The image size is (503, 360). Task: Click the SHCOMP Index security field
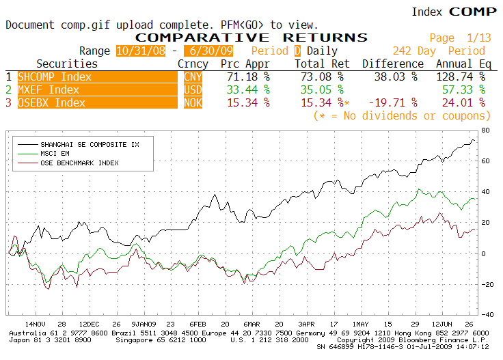pos(98,77)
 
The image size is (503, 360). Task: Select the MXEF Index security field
pos(98,89)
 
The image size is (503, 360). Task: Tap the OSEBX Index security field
pos(98,102)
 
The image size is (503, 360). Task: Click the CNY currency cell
pos(193,77)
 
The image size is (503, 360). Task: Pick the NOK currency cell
pos(193,102)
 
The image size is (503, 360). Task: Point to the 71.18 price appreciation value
pos(248,77)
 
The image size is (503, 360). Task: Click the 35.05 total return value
pos(322,89)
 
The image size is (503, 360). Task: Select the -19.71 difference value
pos(393,102)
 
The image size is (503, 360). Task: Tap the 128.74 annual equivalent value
pos(461,77)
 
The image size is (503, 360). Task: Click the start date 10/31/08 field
pos(141,51)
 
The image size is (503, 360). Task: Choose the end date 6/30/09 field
pos(208,51)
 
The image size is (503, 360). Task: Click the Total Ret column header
pos(322,64)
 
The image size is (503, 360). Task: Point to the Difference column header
pos(393,64)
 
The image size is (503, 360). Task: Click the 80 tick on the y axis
pos(485,130)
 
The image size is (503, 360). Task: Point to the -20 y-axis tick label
pos(487,285)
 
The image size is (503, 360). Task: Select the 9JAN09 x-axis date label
pos(144,324)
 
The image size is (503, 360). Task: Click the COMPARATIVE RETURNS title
pos(251,38)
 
